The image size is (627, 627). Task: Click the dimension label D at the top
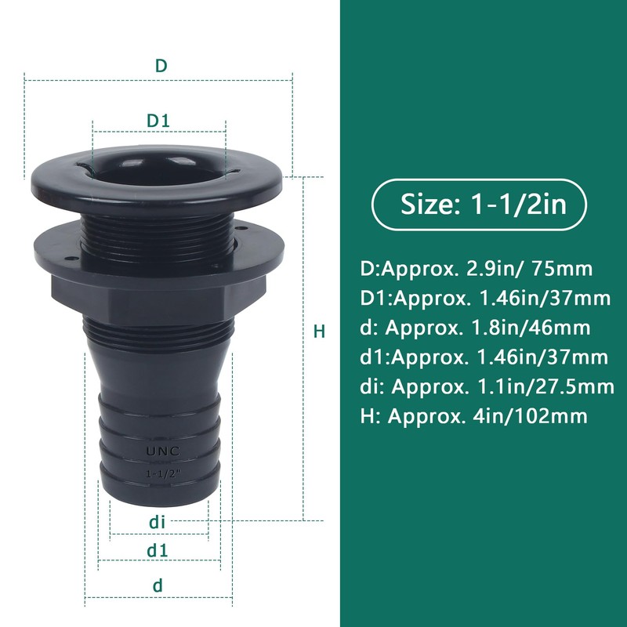pos(160,66)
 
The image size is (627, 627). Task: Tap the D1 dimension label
pos(159,121)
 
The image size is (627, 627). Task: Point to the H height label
pos(319,332)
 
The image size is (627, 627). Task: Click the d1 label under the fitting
pos(158,550)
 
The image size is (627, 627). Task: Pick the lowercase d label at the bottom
pos(158,585)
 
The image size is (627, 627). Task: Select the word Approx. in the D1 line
pos(433,299)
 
